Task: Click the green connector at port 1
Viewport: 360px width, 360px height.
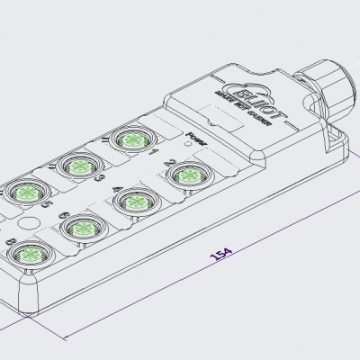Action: click(131, 140)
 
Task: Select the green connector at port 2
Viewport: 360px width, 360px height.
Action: click(187, 172)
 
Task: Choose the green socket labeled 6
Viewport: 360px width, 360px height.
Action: click(78, 227)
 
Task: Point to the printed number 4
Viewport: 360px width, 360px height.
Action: click(108, 189)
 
